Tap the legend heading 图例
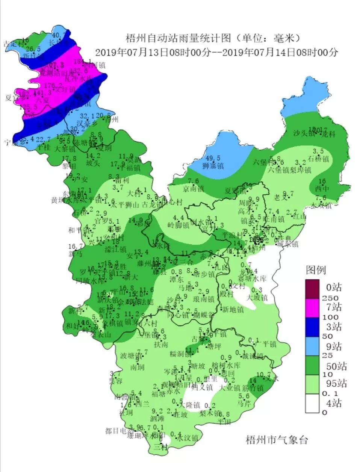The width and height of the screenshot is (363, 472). click(316, 270)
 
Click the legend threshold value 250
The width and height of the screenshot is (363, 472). click(331, 298)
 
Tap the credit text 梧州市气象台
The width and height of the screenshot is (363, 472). click(277, 440)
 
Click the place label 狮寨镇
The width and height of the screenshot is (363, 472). click(213, 166)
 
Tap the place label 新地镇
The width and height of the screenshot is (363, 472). click(233, 310)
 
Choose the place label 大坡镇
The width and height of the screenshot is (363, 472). click(257, 298)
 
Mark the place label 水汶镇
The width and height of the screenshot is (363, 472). click(187, 438)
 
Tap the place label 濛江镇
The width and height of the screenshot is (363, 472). click(115, 249)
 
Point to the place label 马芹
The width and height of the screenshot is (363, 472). click(244, 404)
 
